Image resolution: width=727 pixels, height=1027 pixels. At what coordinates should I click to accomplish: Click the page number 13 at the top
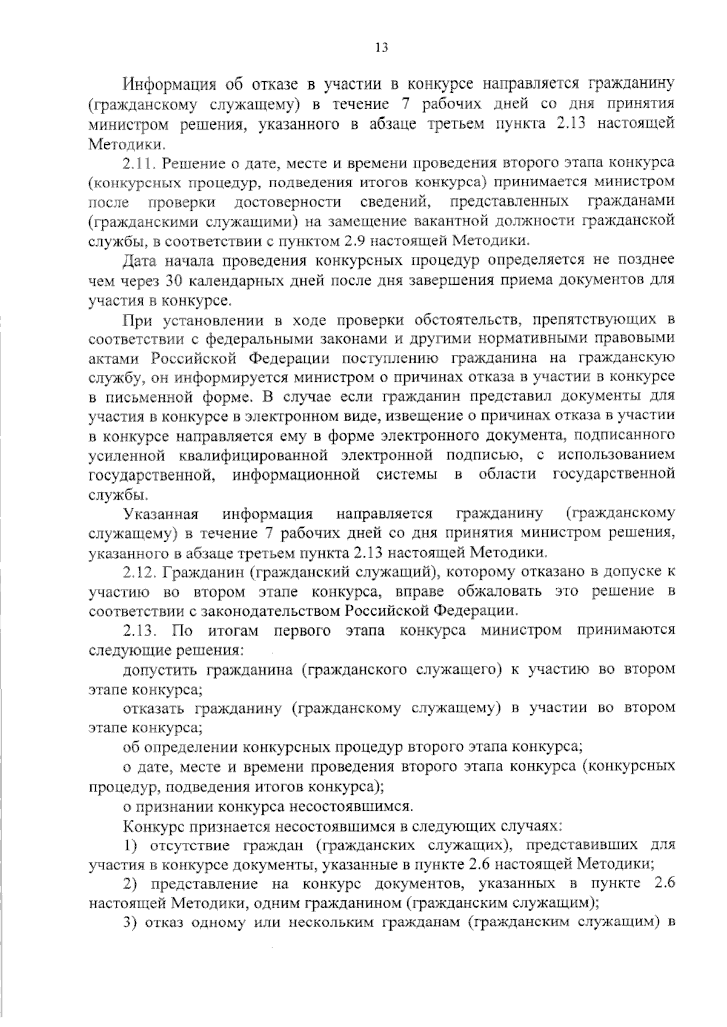[x=381, y=48]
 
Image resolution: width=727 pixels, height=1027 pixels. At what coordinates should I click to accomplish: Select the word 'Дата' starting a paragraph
[x=141, y=261]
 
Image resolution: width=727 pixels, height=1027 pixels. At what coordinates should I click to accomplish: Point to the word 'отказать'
[x=154, y=708]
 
